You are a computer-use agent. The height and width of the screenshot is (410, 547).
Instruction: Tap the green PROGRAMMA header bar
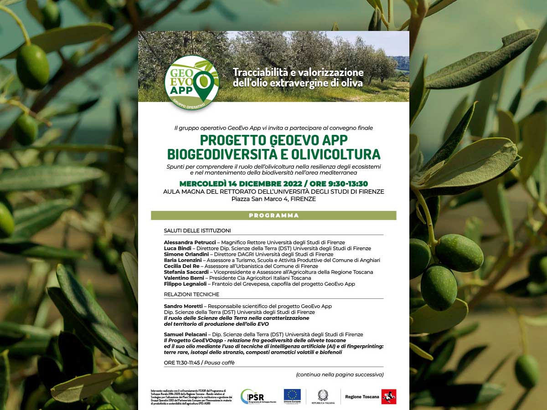[x=273, y=215]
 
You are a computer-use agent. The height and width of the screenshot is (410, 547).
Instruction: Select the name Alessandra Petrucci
[x=183, y=242]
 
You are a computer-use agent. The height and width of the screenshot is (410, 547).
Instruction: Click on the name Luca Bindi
[x=176, y=248]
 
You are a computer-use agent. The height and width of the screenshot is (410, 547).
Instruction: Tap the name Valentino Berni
[x=183, y=278]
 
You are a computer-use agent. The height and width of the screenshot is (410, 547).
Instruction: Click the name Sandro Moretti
[x=183, y=306]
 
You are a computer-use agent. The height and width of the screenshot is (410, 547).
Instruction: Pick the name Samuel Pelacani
[x=183, y=334]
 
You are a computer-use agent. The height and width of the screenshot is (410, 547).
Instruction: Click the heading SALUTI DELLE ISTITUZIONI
[x=197, y=231]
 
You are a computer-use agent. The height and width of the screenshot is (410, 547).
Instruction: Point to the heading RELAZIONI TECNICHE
[x=191, y=294]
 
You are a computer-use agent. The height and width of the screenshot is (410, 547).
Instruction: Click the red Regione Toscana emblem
[x=389, y=397]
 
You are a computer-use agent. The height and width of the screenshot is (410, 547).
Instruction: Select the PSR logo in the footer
[x=253, y=397]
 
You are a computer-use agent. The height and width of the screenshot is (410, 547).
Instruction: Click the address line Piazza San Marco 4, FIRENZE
[x=273, y=199]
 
